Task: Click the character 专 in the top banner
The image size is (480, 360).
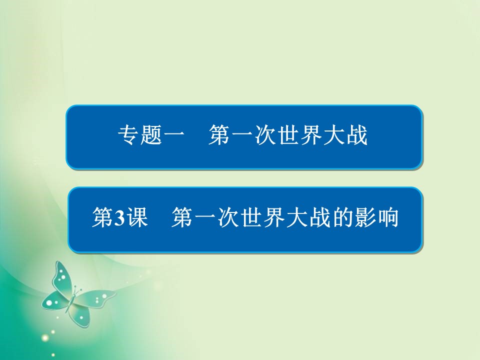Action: point(128,136)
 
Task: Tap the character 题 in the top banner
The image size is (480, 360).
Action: point(150,136)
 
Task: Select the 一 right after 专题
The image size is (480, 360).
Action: point(173,136)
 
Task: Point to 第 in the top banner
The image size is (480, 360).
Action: point(219,136)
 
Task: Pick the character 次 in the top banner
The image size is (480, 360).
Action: point(265,136)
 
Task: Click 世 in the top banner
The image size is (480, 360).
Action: point(288,136)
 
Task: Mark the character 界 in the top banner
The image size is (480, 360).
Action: point(311,136)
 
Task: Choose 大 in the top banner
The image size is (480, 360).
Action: point(334,136)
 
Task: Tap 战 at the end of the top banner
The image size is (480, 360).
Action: point(356,136)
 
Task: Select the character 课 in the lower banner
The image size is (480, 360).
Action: point(136,218)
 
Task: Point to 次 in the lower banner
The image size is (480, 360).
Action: point(227,218)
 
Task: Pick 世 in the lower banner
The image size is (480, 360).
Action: point(250,218)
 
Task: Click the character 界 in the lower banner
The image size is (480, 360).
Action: point(273,218)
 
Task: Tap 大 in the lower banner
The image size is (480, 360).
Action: point(296,218)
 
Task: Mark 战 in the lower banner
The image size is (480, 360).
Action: point(319,218)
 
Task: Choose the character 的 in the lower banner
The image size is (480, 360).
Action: point(342,218)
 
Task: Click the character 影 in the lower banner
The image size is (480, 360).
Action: point(364,218)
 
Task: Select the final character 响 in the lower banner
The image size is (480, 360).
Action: point(387,218)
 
